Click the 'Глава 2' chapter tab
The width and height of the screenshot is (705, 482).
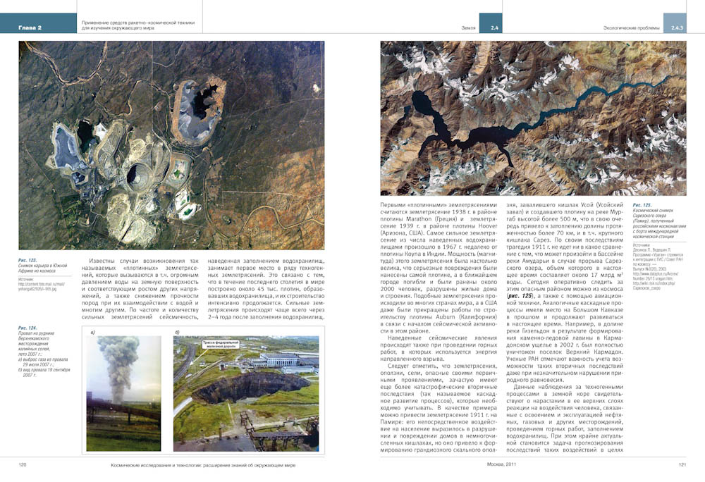tap(30, 27)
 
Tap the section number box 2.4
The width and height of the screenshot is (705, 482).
tap(491, 27)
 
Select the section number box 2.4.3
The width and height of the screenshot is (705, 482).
tap(677, 27)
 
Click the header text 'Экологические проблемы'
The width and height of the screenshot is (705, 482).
tap(631, 28)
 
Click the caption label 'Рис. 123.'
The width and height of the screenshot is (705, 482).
tap(28, 260)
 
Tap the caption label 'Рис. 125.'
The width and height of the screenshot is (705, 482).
tap(642, 205)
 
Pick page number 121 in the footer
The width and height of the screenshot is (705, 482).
tap(682, 464)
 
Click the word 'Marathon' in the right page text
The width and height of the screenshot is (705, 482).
tap(412, 220)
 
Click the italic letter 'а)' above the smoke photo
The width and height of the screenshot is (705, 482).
tap(93, 332)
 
